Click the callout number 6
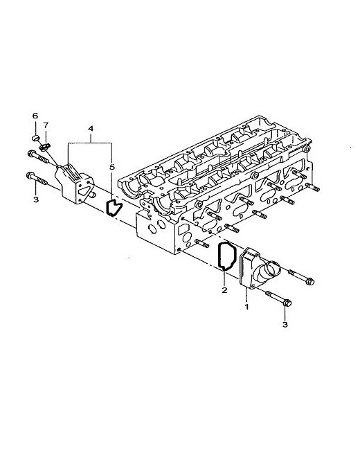tap(35, 116)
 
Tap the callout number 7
tap(46, 125)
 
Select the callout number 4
tap(91, 129)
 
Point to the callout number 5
tap(112, 167)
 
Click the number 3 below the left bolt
tap(36, 199)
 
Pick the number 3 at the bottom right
tap(285, 325)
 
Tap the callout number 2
tap(224, 290)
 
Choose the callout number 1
tap(246, 307)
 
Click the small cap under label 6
tap(35, 138)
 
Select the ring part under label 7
tap(45, 146)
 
